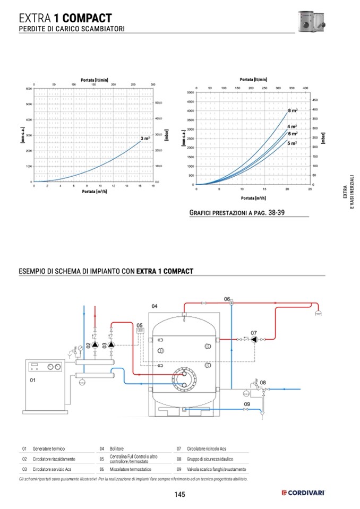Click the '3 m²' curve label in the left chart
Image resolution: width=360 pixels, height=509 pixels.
coord(145,138)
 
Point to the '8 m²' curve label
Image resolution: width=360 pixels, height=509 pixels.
coord(293,110)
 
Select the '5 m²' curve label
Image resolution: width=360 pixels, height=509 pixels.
coord(292,143)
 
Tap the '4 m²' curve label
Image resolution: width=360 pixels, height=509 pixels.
coord(292,126)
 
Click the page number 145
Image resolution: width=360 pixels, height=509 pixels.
coord(179,495)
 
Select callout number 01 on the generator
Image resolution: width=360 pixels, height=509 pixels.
coord(32,381)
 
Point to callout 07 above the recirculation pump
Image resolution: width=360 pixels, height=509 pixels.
coord(254,333)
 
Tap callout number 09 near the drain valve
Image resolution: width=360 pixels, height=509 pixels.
coord(246,404)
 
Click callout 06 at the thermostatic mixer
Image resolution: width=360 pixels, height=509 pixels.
coord(227,299)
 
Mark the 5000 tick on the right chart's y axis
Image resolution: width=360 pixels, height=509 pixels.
coord(191,92)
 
